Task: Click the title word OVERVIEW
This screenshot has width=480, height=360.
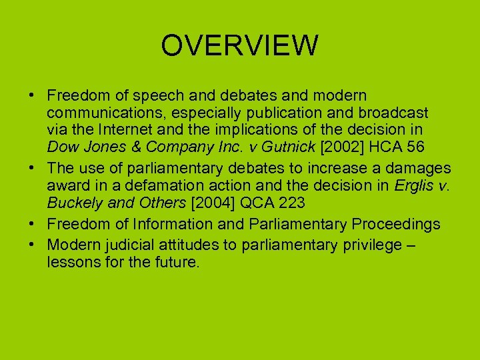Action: click(x=240, y=46)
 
